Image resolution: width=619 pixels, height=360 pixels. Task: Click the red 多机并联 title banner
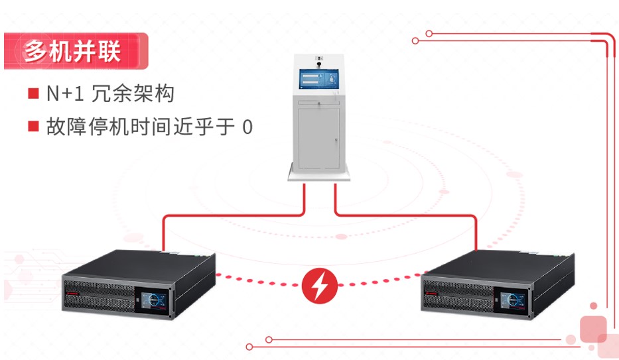tap(72, 51)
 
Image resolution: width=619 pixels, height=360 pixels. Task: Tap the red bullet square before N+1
tap(33, 93)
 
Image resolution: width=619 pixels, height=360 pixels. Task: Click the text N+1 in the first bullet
tap(65, 94)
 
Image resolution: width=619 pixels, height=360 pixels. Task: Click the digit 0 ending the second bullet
tap(247, 127)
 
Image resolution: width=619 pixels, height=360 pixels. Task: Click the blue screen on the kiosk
tap(318, 80)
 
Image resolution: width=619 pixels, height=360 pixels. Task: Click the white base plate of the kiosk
tap(319, 175)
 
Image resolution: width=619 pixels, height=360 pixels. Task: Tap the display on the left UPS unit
tap(155, 300)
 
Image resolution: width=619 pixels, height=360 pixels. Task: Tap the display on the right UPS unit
tap(515, 300)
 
